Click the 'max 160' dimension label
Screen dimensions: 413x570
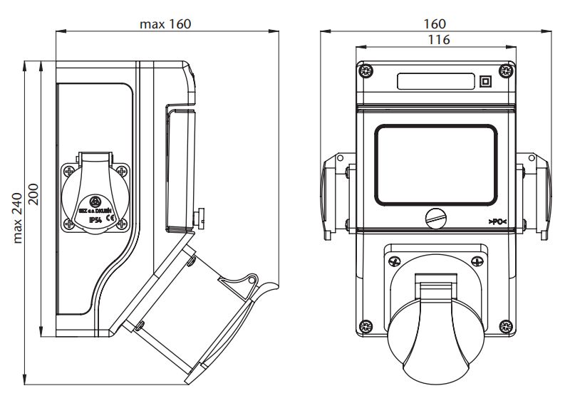point(165,24)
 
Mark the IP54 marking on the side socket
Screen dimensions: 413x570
point(94,220)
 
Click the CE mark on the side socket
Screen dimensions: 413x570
point(110,220)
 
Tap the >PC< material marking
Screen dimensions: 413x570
point(498,222)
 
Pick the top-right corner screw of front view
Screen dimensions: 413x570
point(506,70)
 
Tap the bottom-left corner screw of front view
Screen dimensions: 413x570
point(366,327)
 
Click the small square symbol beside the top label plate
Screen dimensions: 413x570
point(485,81)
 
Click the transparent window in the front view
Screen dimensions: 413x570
point(435,164)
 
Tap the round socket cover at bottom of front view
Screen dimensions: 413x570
point(435,335)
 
